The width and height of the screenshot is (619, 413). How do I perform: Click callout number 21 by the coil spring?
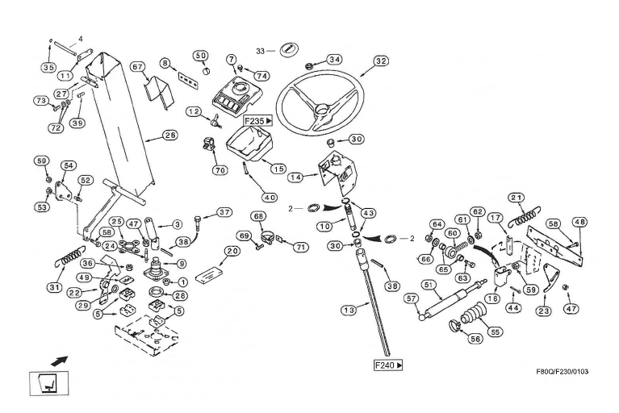(x=517, y=198)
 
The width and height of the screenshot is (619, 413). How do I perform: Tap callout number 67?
(x=137, y=66)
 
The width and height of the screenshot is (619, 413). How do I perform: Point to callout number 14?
(x=295, y=177)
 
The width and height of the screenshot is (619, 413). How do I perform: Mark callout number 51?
(x=429, y=284)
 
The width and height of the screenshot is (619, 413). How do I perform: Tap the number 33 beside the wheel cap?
(x=260, y=51)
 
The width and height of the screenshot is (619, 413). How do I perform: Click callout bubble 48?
(x=579, y=223)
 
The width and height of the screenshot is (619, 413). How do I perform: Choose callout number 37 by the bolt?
(x=225, y=212)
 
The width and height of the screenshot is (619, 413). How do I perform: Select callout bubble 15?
(x=278, y=169)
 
